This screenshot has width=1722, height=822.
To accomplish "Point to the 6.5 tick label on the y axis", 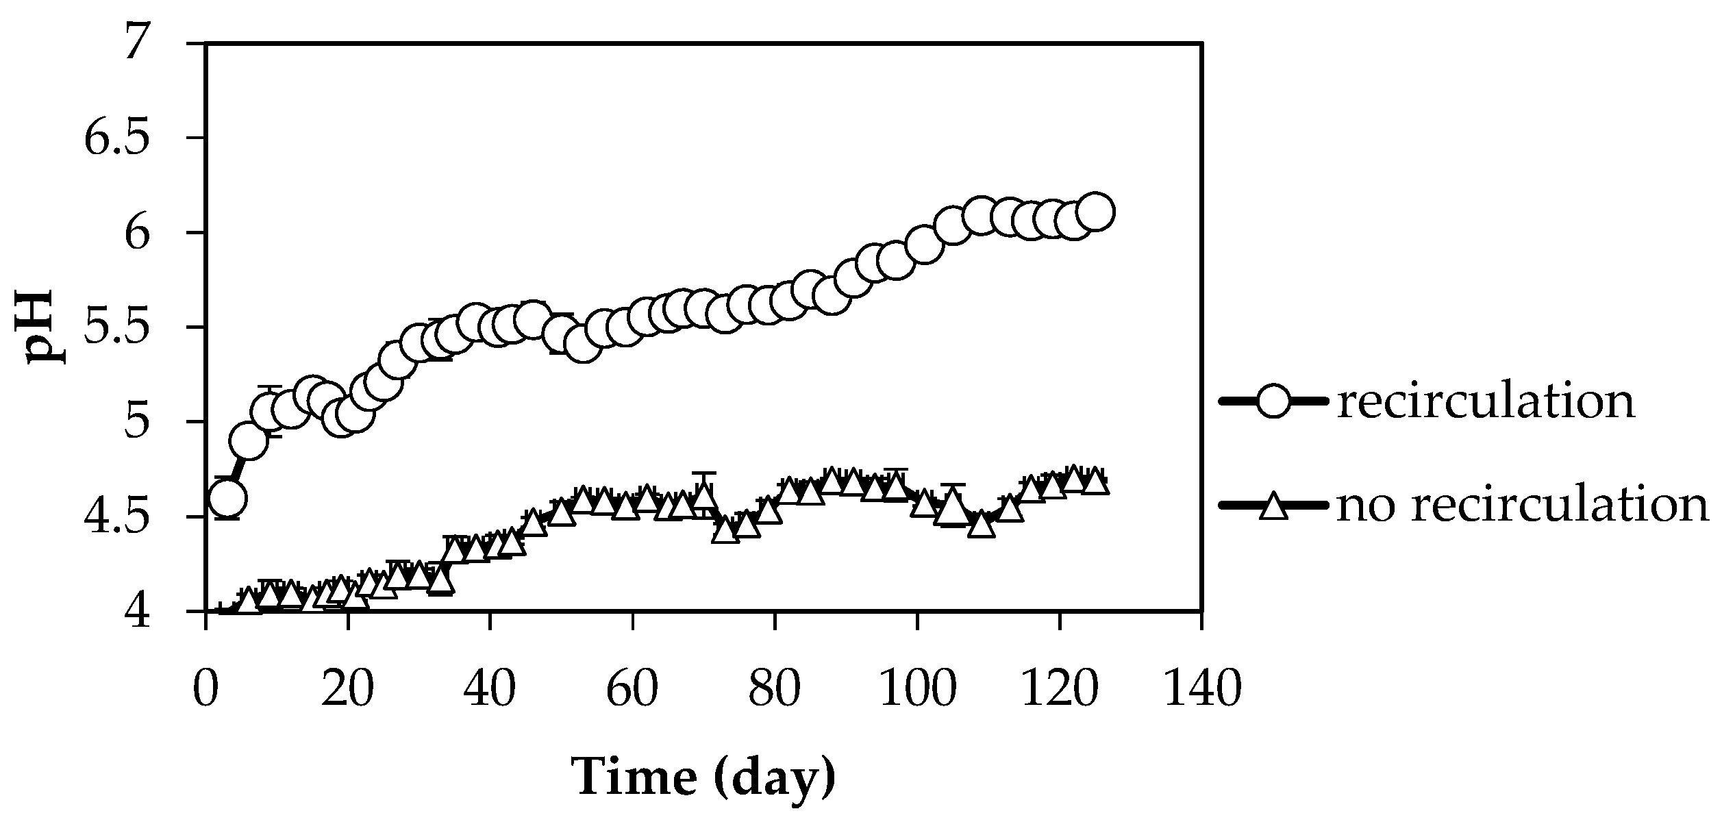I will tap(116, 138).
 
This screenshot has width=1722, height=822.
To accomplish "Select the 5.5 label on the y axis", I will tap(116, 327).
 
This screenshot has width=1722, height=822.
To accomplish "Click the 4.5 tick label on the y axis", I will tap(116, 516).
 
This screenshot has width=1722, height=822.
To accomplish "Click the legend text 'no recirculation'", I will tap(1522, 506).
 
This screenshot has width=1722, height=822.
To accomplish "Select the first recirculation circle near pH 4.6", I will tap(228, 497).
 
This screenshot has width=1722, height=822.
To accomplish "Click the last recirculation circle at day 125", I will tap(1095, 212).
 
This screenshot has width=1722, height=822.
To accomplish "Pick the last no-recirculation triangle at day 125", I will tap(1095, 482).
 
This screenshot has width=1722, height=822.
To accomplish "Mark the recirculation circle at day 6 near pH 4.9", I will tap(249, 441).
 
